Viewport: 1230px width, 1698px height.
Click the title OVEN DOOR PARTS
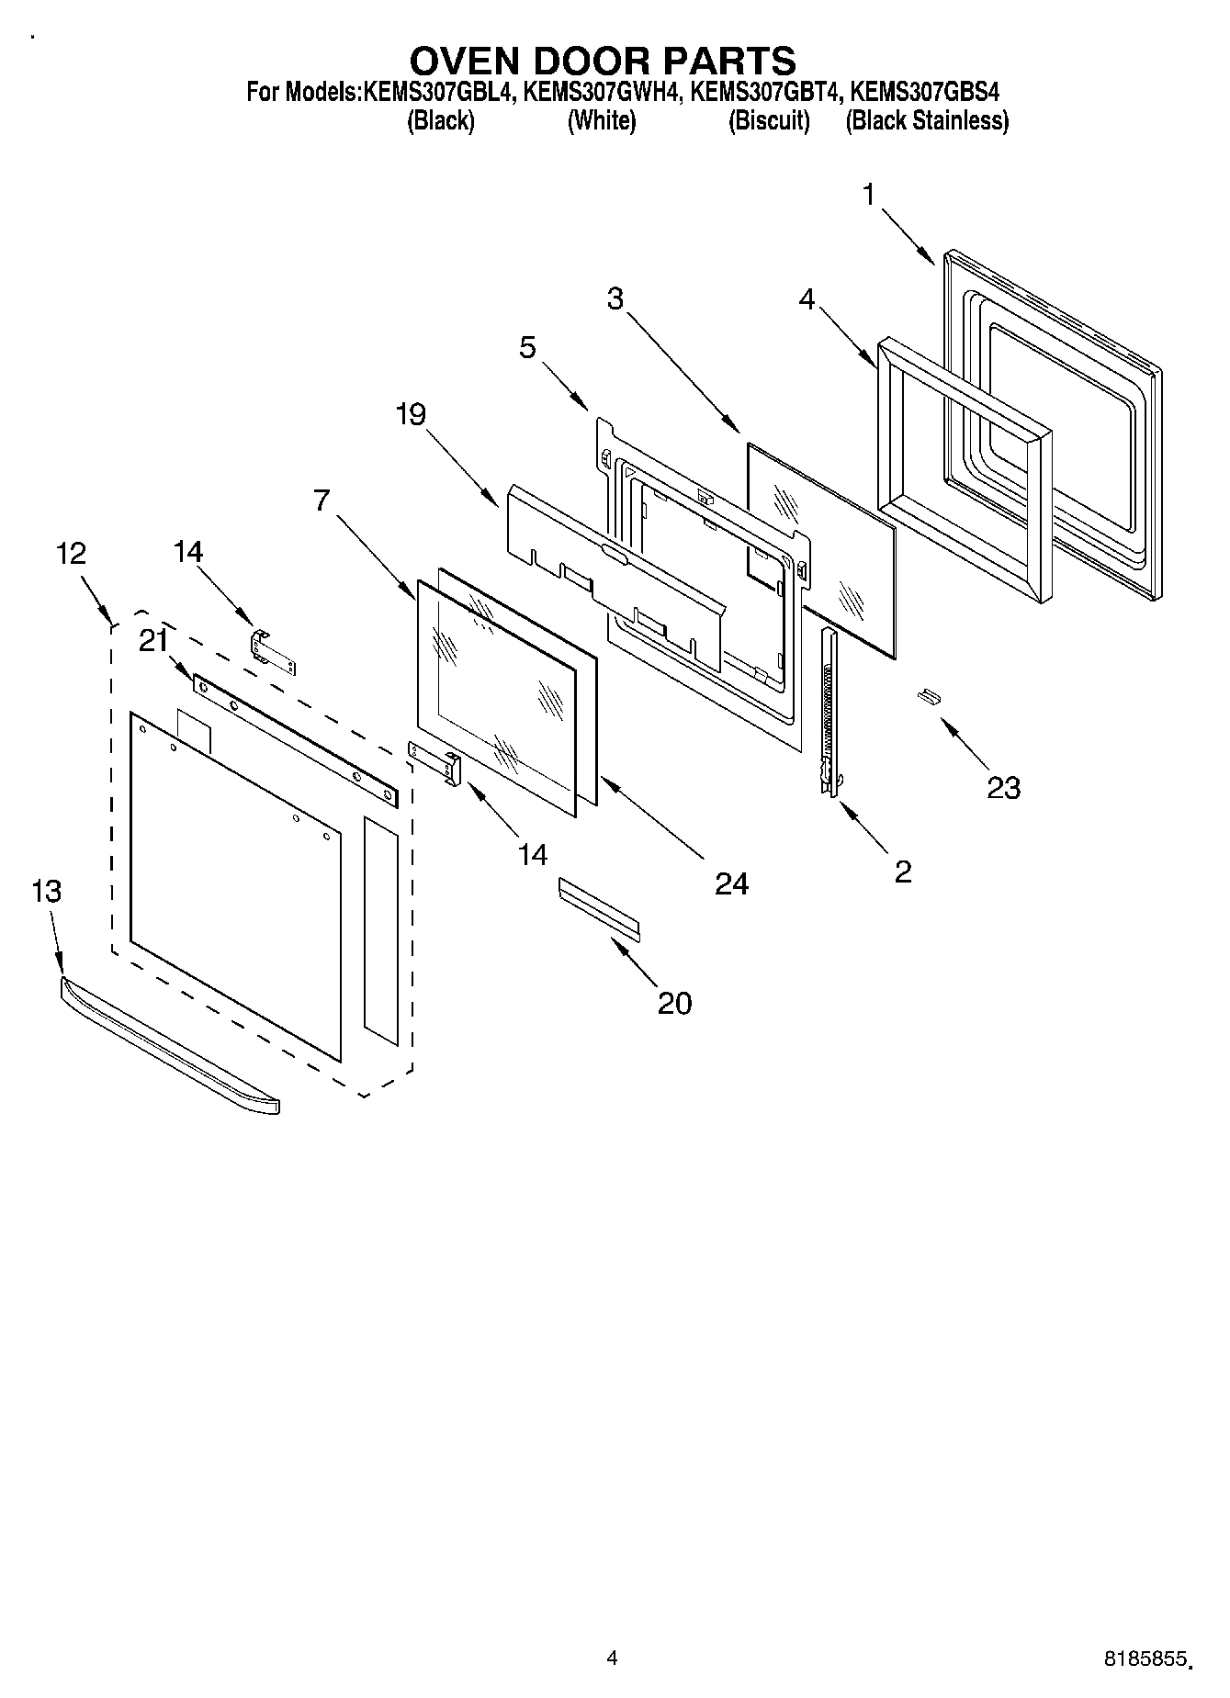click(603, 61)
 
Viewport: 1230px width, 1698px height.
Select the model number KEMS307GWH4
click(603, 93)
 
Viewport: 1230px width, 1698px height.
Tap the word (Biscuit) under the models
click(769, 121)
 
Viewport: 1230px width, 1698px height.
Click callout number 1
click(868, 195)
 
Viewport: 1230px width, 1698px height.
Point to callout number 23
click(1003, 787)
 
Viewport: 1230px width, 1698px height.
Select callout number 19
click(411, 414)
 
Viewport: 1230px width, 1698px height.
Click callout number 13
click(46, 891)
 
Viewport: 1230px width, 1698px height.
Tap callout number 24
click(731, 883)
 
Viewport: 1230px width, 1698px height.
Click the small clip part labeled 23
click(928, 699)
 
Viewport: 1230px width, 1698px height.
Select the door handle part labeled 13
click(170, 1047)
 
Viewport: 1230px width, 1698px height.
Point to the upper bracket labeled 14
click(273, 651)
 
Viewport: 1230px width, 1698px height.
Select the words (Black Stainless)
click(927, 121)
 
